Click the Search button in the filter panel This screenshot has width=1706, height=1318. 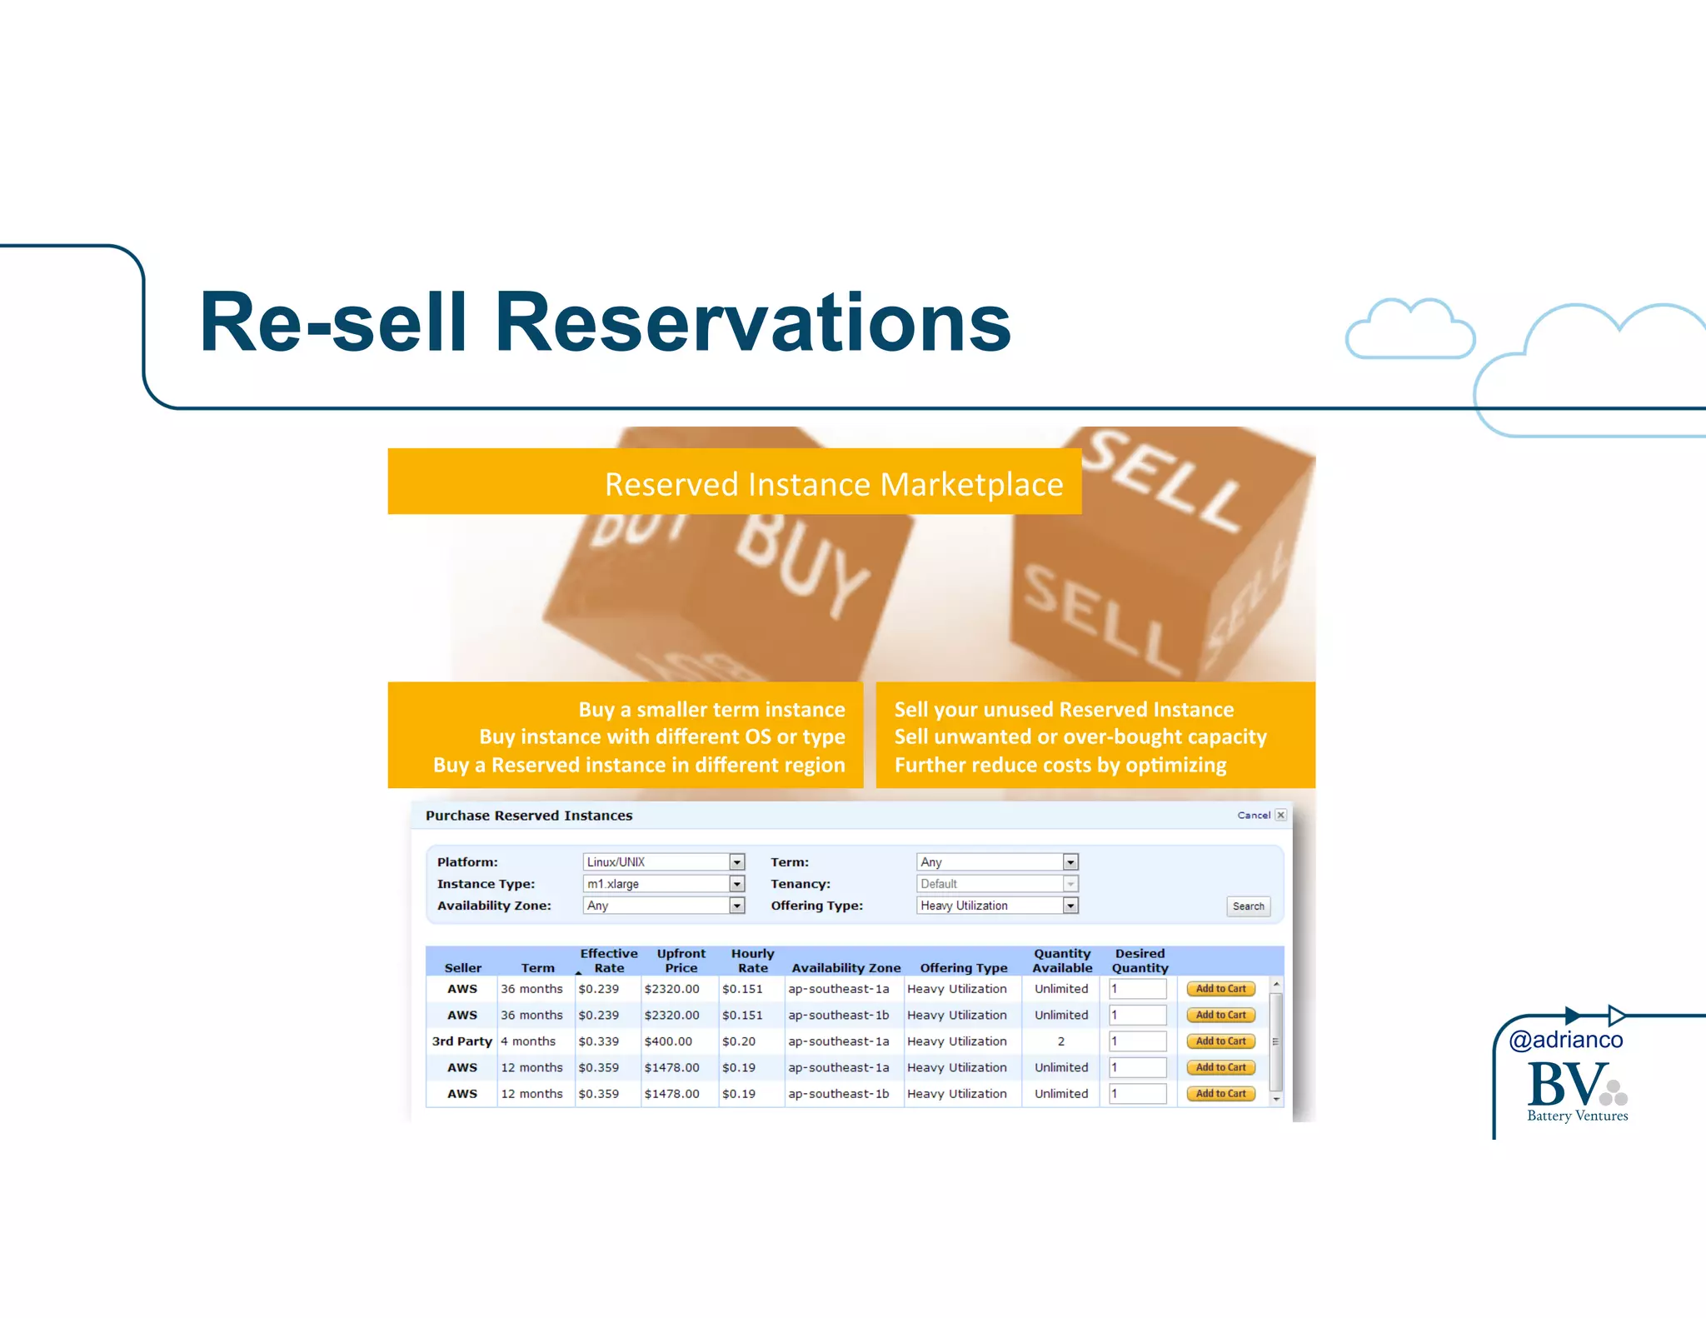1248,906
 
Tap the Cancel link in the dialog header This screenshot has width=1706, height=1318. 1253,816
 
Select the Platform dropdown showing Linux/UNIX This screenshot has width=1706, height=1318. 663,862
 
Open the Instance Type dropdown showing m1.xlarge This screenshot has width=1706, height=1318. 663,884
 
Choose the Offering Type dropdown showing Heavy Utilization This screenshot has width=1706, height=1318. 997,906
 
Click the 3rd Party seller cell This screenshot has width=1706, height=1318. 461,1041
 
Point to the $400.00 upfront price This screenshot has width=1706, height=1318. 668,1041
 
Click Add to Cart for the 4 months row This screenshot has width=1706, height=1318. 1220,1041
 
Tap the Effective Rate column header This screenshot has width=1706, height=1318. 609,961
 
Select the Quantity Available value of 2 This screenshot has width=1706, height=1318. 1061,1041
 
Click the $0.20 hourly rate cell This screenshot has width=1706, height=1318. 739,1041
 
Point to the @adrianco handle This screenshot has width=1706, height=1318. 1566,1040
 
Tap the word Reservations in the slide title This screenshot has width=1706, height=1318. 753,323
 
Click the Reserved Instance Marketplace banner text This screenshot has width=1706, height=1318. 834,484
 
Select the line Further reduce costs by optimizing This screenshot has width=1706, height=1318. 1060,765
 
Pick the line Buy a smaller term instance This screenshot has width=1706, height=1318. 711,710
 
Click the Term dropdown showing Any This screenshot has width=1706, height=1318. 997,862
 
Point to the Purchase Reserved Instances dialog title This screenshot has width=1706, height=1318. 529,816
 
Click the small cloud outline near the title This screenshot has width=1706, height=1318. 1409,330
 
